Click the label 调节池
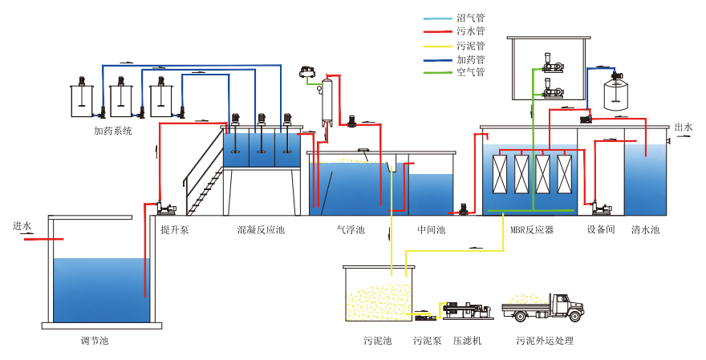pos(95,341)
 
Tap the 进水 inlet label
pos(22,225)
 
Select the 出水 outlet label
pos(683,127)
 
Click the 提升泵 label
pos(174,230)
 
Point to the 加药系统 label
pos(112,130)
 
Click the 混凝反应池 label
pos(261,230)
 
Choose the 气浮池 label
pos(351,230)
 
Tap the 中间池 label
pos(432,230)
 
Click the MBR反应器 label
pos(533,230)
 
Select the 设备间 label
pos(600,230)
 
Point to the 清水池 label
pos(645,230)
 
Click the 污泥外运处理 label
pos(546,341)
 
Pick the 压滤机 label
pos(467,341)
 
